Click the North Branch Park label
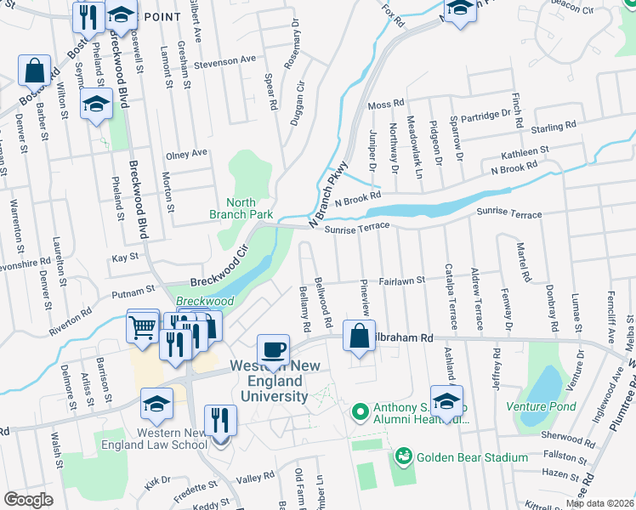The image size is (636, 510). tap(241, 208)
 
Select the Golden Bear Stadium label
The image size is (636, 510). tap(473, 457)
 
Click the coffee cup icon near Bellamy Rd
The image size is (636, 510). tap(273, 351)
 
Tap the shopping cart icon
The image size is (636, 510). tap(142, 326)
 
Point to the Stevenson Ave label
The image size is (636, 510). tap(224, 59)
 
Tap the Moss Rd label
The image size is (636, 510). tap(386, 105)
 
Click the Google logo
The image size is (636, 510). tap(28, 500)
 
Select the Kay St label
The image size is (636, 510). tap(125, 257)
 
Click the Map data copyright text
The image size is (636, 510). tap(599, 503)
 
